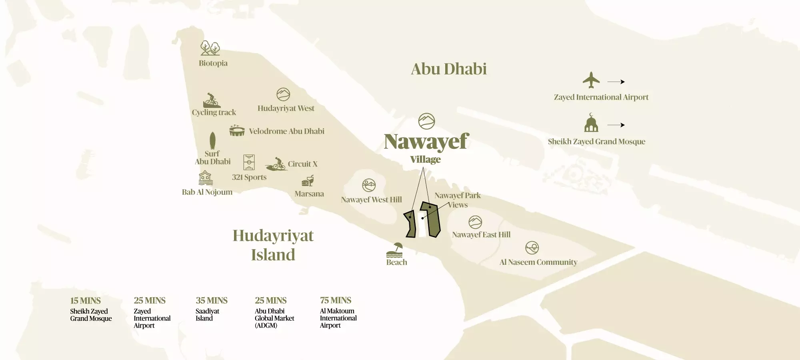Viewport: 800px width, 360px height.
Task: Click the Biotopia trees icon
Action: pos(210,48)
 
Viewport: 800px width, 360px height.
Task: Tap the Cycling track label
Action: pos(214,112)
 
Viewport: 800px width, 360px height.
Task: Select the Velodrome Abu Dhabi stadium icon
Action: pos(237,130)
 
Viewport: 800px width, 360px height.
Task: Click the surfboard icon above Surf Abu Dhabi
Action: pos(212,141)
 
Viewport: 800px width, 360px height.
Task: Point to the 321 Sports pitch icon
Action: pos(249,162)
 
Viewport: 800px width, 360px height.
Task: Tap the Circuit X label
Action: pos(302,164)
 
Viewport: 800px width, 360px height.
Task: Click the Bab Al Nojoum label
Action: pos(207,192)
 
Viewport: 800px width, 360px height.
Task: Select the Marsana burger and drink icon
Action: pos(308,181)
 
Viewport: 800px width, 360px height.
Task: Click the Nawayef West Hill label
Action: pos(371,200)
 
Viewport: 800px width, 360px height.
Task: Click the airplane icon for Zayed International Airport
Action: pos(591,80)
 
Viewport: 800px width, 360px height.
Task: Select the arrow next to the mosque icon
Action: pos(616,125)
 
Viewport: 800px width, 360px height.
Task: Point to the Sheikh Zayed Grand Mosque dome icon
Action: pos(591,123)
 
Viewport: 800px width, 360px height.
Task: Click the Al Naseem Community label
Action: pos(538,262)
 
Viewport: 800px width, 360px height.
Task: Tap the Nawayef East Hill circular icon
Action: pos(475,222)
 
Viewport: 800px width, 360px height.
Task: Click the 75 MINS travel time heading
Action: pos(336,300)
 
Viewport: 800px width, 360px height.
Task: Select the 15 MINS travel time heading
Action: pos(85,301)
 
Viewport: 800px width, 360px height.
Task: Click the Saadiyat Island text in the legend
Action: pos(207,315)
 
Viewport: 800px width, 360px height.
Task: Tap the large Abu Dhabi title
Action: pos(449,69)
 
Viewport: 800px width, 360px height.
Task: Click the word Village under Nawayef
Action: pos(425,160)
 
